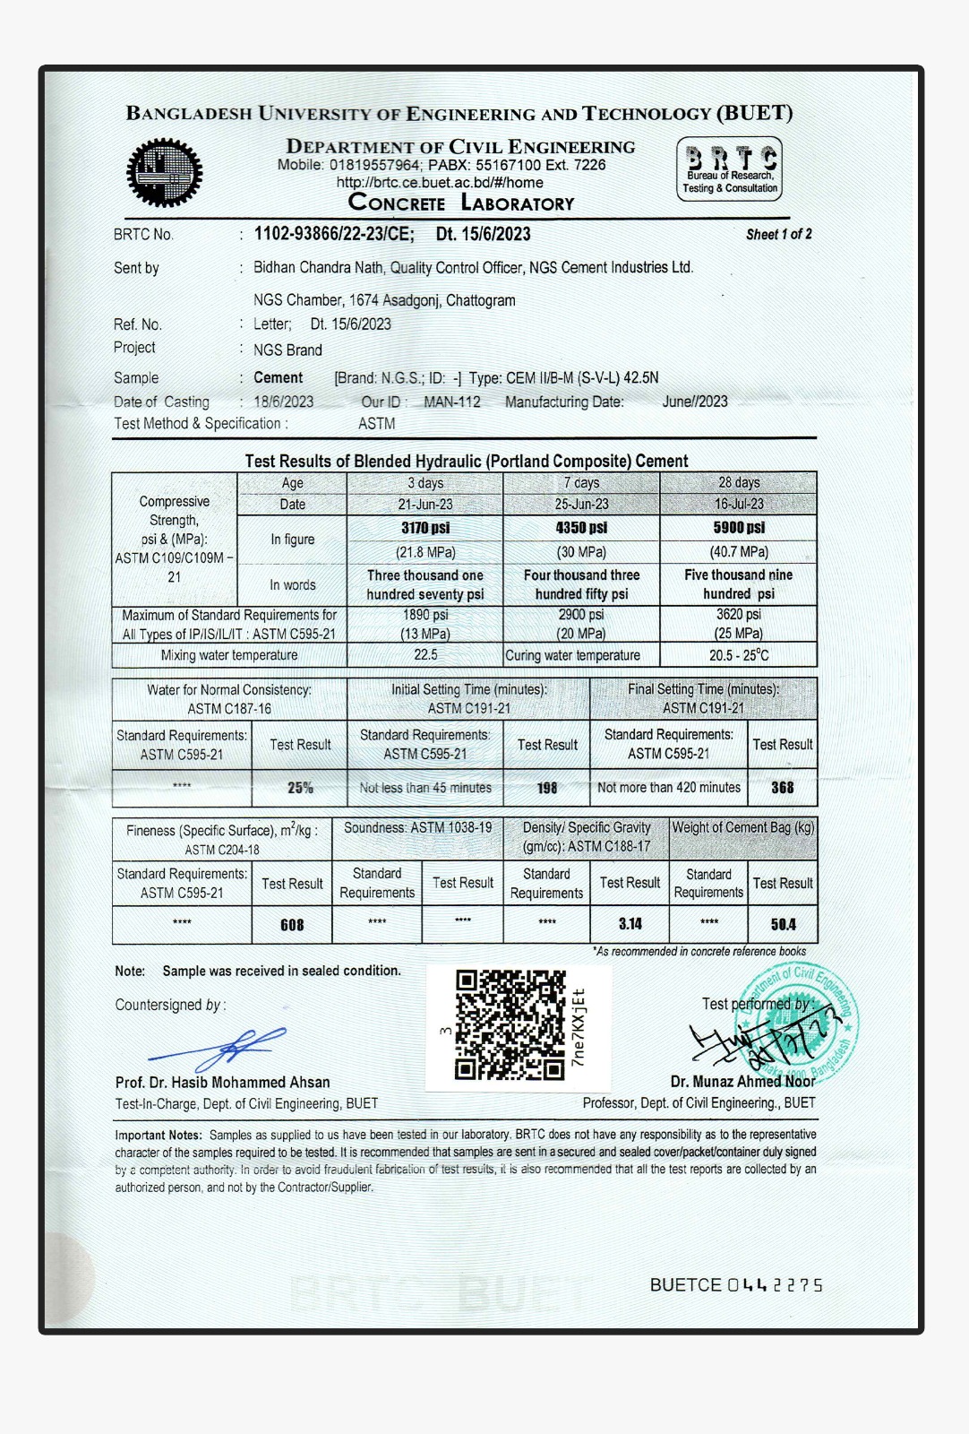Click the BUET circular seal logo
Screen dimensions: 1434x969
pyautogui.click(x=164, y=173)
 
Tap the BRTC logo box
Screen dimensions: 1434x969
pyautogui.click(x=729, y=168)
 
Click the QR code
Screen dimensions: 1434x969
pyautogui.click(x=510, y=1024)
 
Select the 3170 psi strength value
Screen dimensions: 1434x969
pyautogui.click(x=425, y=528)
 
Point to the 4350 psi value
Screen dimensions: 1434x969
pyautogui.click(x=581, y=528)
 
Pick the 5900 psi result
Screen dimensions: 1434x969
pyautogui.click(x=739, y=528)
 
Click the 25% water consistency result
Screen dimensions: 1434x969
pyautogui.click(x=300, y=788)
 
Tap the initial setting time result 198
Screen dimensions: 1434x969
pyautogui.click(x=547, y=788)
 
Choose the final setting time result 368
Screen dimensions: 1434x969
pyautogui.click(x=783, y=788)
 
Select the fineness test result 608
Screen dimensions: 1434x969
pyautogui.click(x=292, y=925)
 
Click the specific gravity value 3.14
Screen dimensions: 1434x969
pyautogui.click(x=630, y=924)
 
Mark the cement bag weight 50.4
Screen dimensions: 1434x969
pyautogui.click(x=784, y=924)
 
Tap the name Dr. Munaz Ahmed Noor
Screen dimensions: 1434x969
pyautogui.click(x=742, y=1082)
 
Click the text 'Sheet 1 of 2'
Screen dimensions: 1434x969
pyautogui.click(x=779, y=235)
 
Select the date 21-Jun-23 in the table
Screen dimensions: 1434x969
pyautogui.click(x=425, y=505)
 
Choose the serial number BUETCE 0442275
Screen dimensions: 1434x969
pyautogui.click(x=735, y=1285)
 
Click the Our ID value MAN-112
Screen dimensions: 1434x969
pyautogui.click(x=452, y=402)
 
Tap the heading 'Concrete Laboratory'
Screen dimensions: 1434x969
pyautogui.click(x=461, y=203)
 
